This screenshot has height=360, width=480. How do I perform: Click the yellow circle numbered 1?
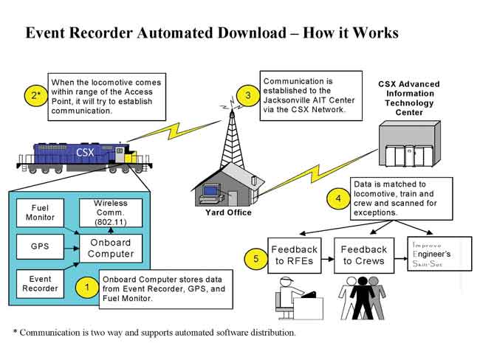87,288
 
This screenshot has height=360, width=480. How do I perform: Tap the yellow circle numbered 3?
248,95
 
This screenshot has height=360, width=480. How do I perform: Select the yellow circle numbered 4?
338,198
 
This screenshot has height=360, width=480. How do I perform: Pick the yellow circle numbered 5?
256,259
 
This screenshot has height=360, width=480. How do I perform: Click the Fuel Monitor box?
40,213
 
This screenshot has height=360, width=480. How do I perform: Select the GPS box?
40,246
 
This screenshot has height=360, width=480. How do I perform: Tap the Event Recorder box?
40,284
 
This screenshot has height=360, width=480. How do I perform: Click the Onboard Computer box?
111,249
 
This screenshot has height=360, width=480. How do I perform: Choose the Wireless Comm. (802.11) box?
111,213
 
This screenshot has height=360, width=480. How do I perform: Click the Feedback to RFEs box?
295,255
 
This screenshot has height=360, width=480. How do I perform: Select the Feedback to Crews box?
364,255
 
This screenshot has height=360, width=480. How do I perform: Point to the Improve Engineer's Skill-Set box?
440,254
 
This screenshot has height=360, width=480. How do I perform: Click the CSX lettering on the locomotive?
85,152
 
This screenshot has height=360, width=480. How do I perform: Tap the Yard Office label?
228,212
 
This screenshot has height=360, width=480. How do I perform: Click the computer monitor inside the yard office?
210,191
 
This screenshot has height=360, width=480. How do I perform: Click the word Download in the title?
251,32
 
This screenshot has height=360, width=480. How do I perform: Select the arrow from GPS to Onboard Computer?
72,249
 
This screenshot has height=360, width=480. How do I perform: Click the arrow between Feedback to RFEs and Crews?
328,259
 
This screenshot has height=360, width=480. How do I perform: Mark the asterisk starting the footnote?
15,331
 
